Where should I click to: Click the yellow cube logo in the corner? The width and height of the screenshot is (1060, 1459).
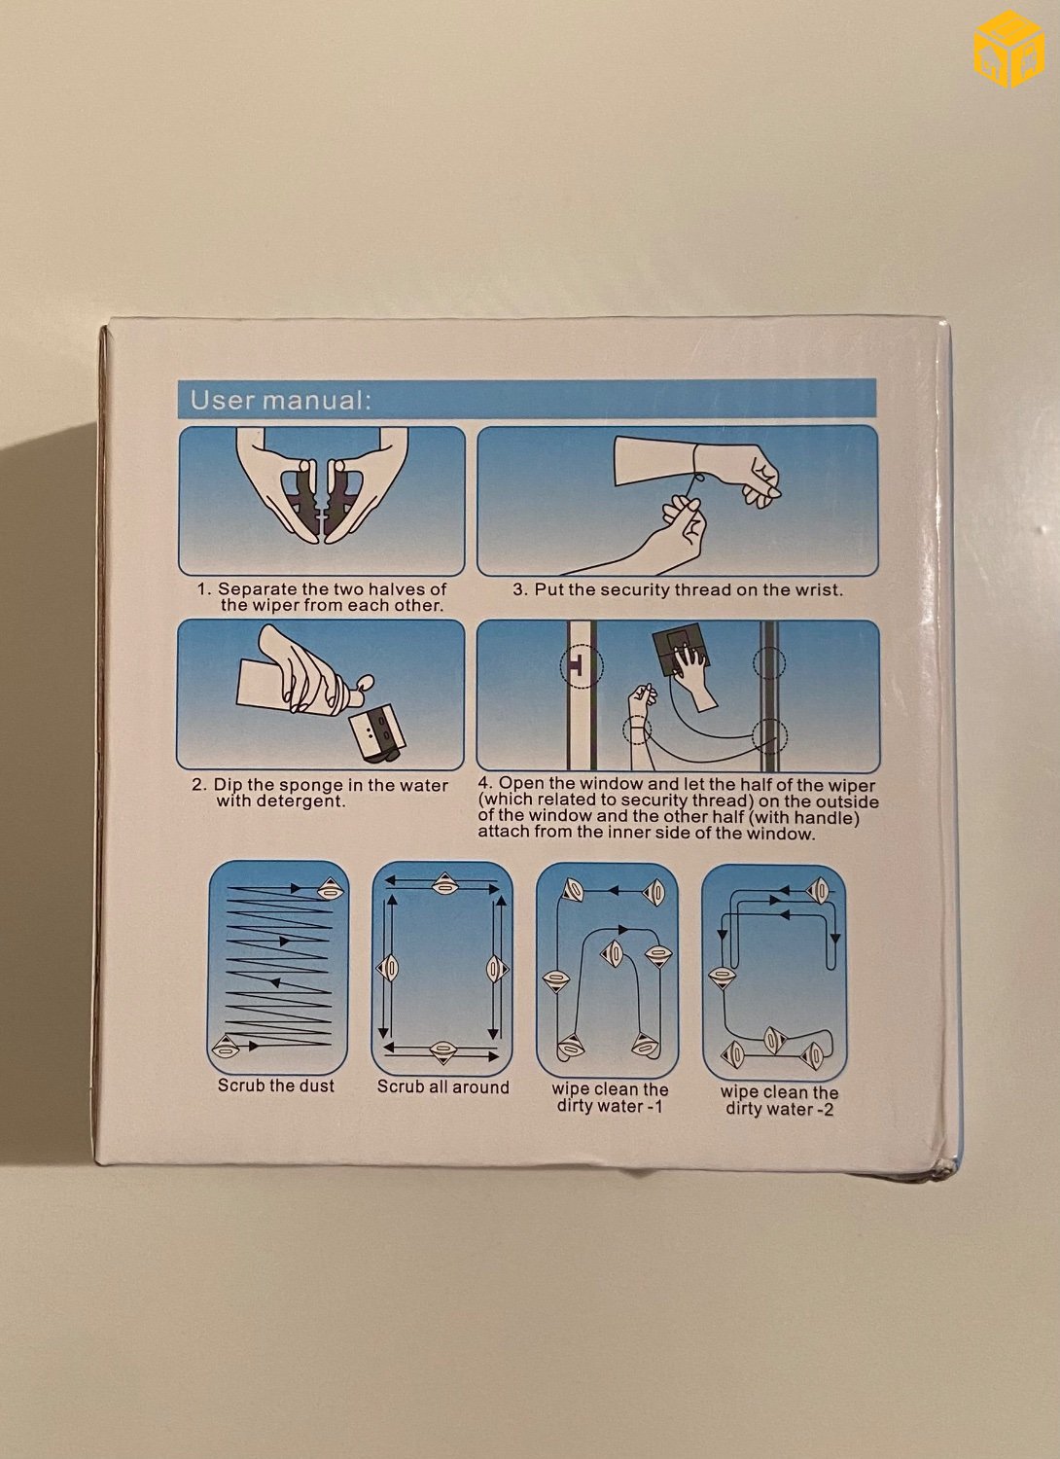1008,49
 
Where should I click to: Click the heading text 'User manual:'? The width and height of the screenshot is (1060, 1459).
281,400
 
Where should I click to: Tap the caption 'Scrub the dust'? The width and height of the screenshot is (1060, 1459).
276,1085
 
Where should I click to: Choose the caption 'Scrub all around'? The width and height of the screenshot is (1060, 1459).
442,1087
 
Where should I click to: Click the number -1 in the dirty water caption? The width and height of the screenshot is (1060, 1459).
654,1107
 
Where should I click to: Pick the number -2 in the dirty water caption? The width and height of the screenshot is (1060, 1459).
825,1109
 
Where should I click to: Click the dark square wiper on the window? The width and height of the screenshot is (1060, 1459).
681,654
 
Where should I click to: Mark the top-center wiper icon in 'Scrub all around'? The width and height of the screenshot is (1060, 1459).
443,884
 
